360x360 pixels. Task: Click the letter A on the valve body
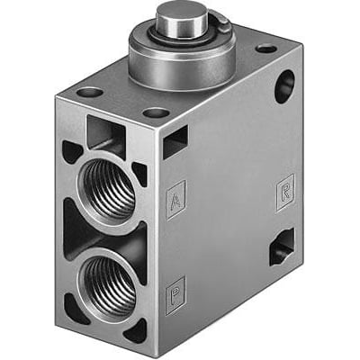(x=175, y=199)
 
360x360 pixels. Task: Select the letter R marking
(x=285, y=193)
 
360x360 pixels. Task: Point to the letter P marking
(x=175, y=294)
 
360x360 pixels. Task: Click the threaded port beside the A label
(x=107, y=188)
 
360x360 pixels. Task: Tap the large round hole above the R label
(x=284, y=86)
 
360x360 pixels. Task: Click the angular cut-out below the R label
(x=282, y=247)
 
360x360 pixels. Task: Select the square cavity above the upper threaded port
(x=105, y=132)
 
